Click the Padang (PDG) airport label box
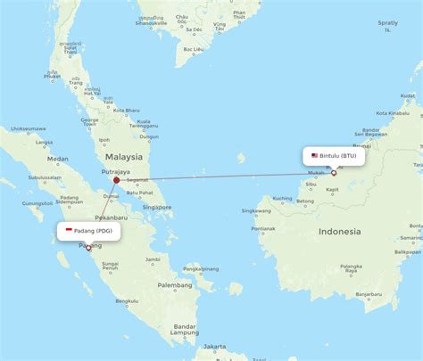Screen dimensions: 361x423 pos(89,231)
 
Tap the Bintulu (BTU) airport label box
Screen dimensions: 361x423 pos(334,155)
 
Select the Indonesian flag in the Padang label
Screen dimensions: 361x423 pos(69,231)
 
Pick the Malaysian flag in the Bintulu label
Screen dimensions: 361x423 pos(314,155)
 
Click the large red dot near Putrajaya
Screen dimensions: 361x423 pos(116,179)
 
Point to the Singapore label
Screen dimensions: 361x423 pos(157,207)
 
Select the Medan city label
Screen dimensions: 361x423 pos(59,159)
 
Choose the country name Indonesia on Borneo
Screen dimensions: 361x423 pos(340,232)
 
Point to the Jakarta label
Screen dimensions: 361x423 pos(213,345)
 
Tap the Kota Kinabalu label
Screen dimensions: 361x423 pos(394,113)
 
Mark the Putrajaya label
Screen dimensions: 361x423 pos(116,171)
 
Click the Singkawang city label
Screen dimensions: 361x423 pos(256,211)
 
